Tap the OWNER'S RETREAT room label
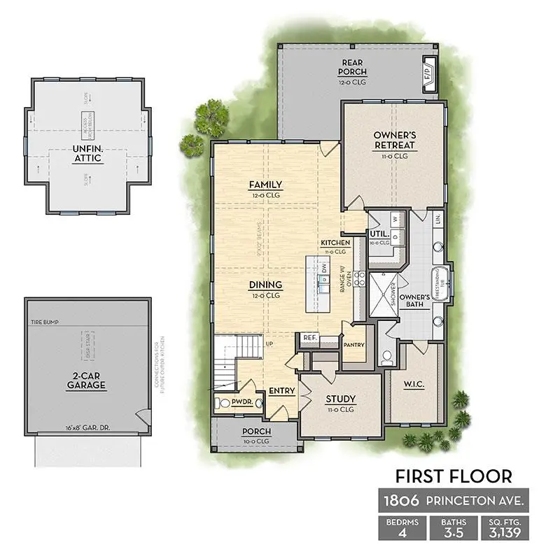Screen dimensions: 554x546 pos(394,140)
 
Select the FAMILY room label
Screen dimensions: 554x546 pos(265,185)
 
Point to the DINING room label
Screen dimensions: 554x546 pos(265,285)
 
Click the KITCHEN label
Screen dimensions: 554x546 pos(335,243)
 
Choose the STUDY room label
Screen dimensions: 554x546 pos(341,399)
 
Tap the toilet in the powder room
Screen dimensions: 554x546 pos(223,403)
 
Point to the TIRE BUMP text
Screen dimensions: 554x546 pos(45,322)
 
